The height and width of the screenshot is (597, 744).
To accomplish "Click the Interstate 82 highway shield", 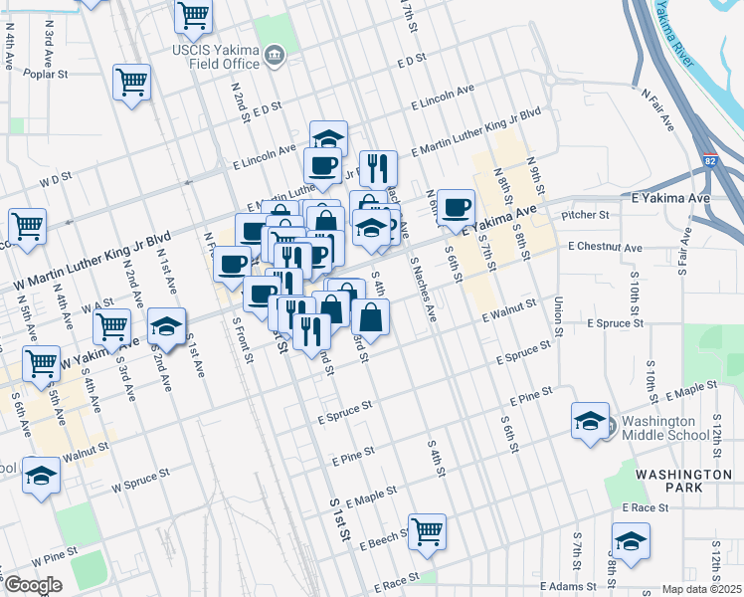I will coord(708,159).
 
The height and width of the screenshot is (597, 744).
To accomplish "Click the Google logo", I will coord(33,585).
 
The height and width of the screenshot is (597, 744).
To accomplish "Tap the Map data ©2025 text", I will coord(701,589).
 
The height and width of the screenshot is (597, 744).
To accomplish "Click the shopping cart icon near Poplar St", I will coord(131,83).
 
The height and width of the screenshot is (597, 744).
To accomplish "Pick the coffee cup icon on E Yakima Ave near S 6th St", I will coord(457,206).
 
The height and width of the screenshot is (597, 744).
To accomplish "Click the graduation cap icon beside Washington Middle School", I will coord(590,420).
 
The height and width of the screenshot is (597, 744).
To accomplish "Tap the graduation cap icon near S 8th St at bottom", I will coord(631,542).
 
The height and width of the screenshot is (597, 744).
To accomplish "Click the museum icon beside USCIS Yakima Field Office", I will coord(271,58).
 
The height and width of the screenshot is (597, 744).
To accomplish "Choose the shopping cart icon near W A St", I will coord(112,324).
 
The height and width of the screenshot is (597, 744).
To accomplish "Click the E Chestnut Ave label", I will coord(605,247).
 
